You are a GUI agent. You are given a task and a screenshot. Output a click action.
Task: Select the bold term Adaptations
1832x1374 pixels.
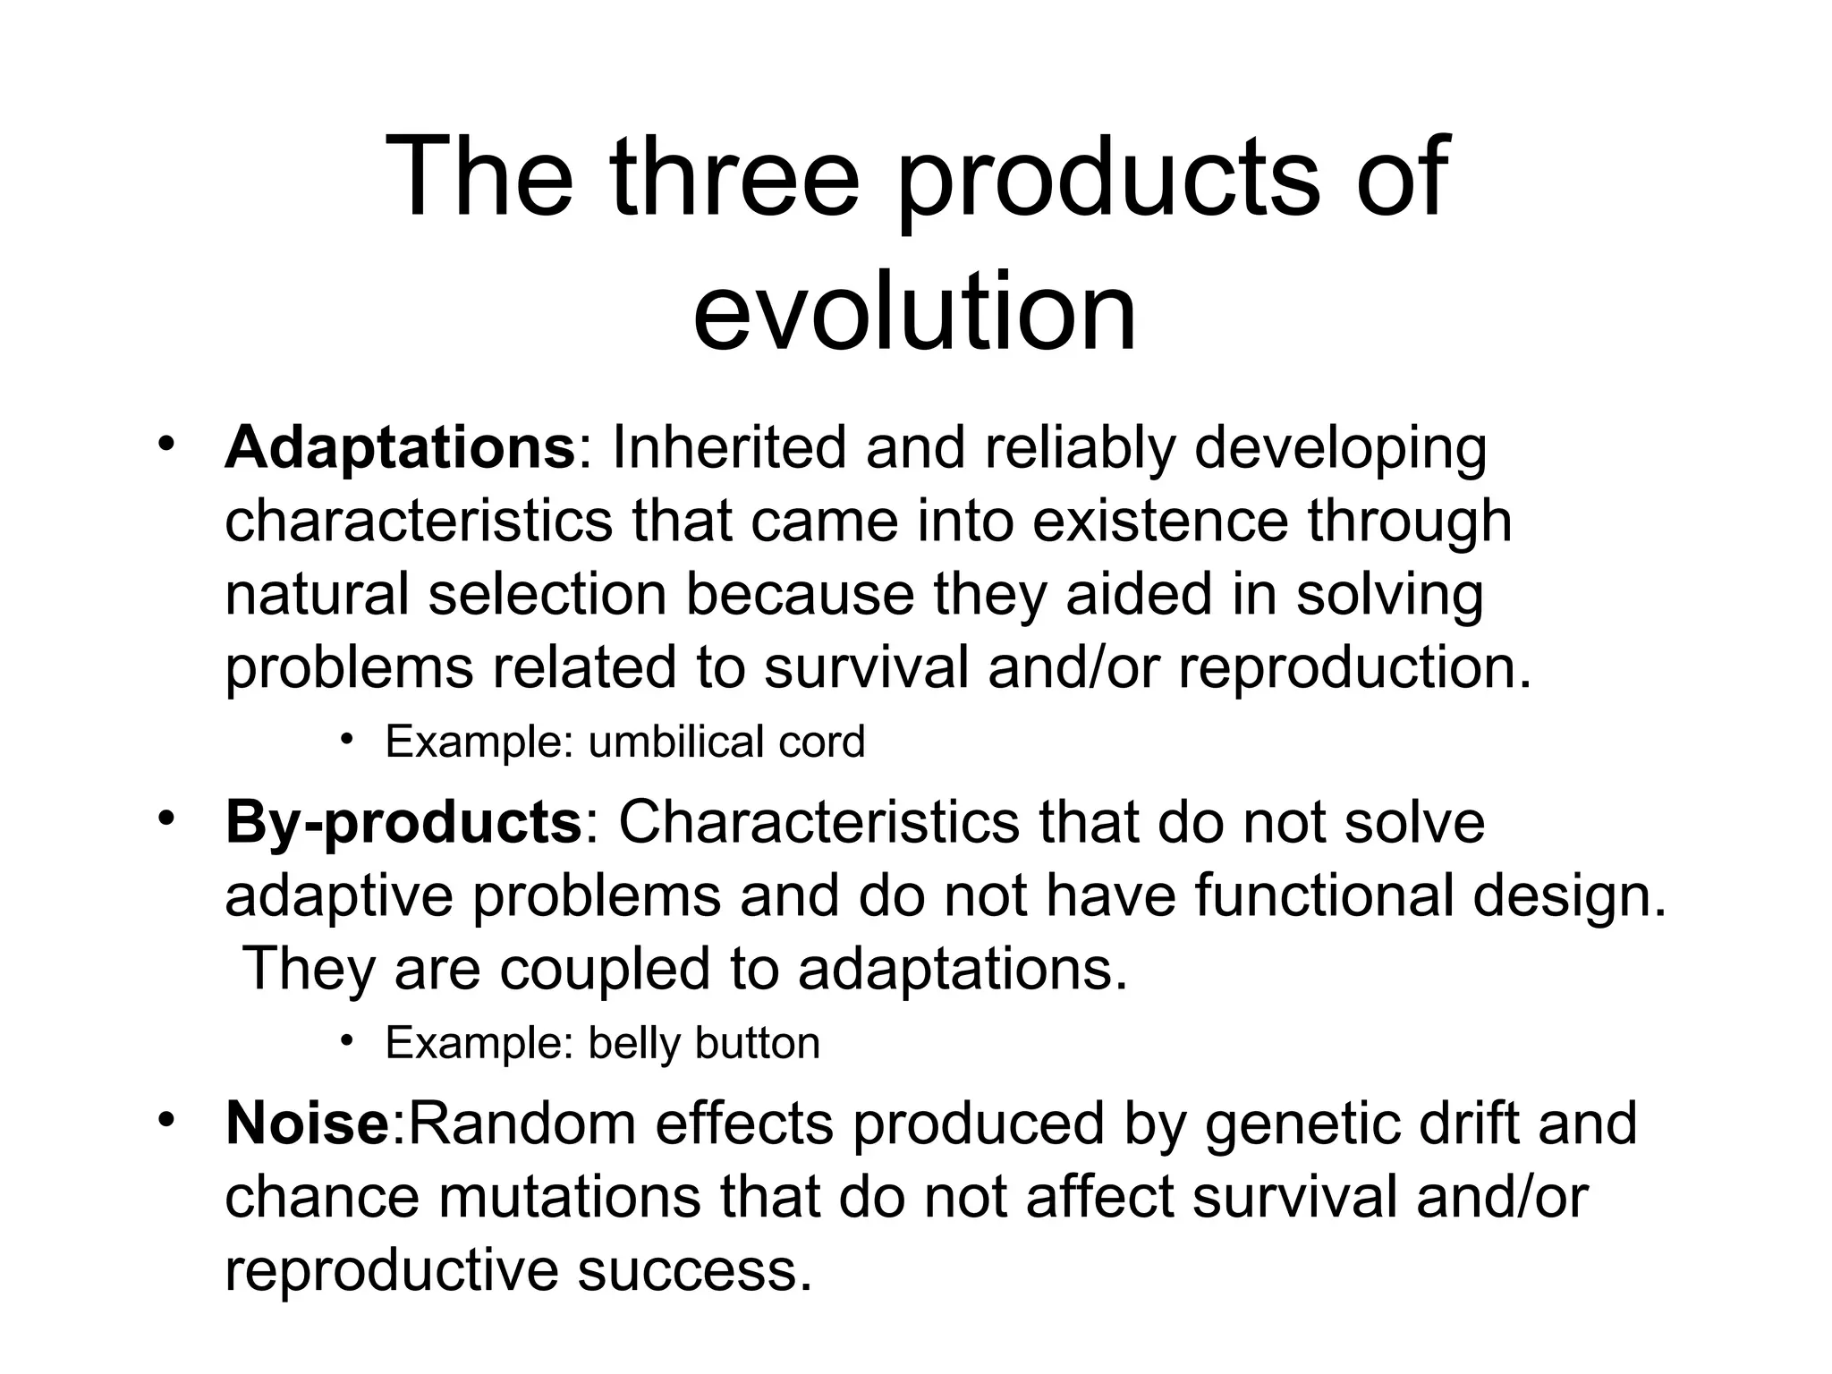tap(400, 447)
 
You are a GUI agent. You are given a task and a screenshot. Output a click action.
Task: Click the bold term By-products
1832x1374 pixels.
tap(403, 821)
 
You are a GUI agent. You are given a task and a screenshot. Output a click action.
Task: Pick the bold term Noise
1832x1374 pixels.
tap(307, 1123)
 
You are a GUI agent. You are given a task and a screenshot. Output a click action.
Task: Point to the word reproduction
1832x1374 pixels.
tap(1354, 668)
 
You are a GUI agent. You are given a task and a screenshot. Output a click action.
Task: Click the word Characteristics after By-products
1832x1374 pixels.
tap(818, 821)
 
